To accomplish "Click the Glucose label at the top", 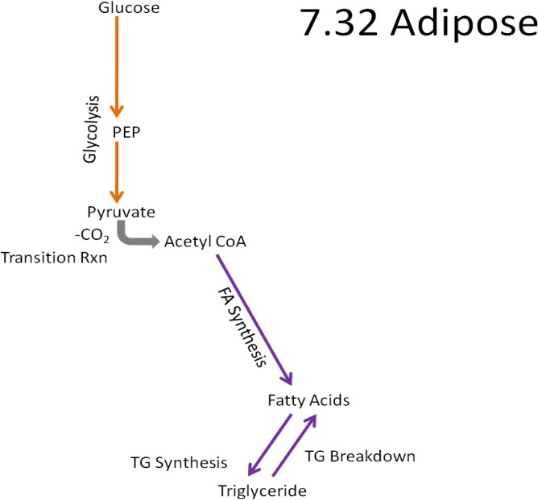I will click(129, 9).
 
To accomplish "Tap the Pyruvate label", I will click(121, 212).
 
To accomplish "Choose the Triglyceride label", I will click(263, 490).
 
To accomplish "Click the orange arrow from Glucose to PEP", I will click(118, 65).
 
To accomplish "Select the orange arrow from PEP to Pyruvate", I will click(118, 171).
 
